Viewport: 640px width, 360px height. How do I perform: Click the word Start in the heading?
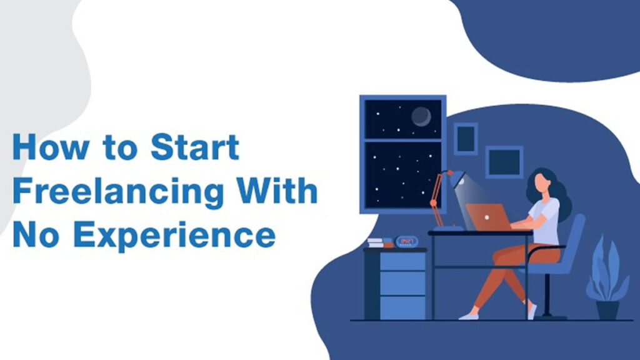coord(194,148)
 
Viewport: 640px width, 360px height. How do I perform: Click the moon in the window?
coord(421,116)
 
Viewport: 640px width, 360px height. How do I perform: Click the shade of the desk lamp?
coord(456,178)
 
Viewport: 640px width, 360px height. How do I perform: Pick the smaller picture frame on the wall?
coord(465,138)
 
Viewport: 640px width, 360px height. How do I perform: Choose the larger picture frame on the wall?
coord(504,162)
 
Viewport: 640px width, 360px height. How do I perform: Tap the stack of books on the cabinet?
coord(379,242)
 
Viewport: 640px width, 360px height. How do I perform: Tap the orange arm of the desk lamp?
coord(438,196)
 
